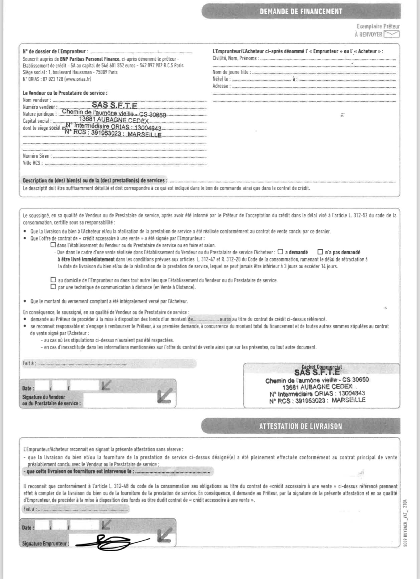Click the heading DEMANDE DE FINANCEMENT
301,12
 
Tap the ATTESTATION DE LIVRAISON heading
300,426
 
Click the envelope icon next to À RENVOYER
392,34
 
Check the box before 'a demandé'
280,252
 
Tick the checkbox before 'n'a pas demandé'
320,252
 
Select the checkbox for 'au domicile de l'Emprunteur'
53,280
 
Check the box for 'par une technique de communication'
53,287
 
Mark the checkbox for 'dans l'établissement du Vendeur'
53,245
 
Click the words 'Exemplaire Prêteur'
378,26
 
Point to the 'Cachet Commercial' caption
322,367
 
